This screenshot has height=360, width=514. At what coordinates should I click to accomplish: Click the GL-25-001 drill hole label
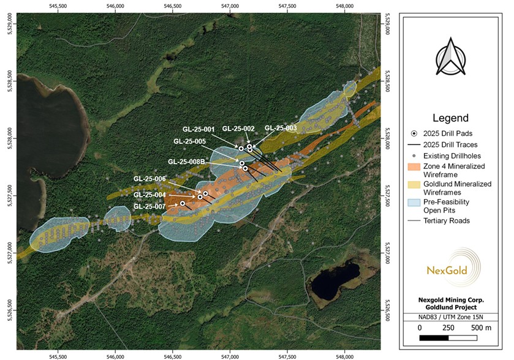pyautogui.click(x=198, y=129)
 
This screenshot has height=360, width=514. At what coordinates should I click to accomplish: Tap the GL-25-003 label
pyautogui.click(x=281, y=128)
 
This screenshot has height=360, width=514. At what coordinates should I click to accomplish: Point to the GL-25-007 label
pyautogui.click(x=149, y=206)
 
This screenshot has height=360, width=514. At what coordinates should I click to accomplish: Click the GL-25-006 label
pyautogui.click(x=149, y=178)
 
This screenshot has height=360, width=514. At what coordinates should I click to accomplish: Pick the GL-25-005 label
pyautogui.click(x=189, y=141)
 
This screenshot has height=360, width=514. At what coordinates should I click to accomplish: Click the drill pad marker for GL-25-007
pyautogui.click(x=183, y=203)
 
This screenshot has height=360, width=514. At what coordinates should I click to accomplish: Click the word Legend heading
pyautogui.click(x=450, y=118)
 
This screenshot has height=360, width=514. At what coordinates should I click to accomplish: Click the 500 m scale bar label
pyautogui.click(x=482, y=328)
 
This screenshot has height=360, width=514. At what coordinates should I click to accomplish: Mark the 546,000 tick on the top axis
pyautogui.click(x=116, y=6)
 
